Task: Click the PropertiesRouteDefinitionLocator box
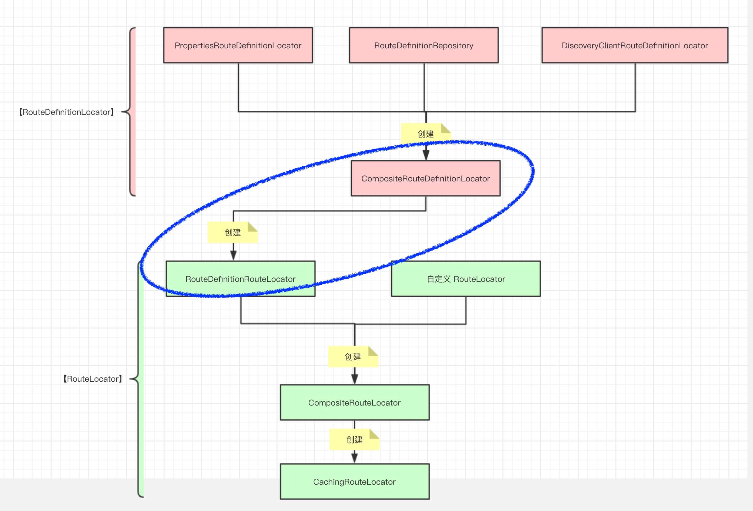click(238, 46)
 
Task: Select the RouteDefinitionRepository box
click(424, 46)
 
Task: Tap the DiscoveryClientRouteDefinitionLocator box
click(635, 46)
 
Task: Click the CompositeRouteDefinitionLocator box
click(425, 178)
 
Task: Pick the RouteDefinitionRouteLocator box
click(240, 279)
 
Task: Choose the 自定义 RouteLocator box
click(466, 279)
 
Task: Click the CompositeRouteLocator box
click(355, 402)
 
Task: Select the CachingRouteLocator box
click(355, 481)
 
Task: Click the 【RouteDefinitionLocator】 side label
click(67, 112)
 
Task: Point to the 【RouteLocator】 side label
click(93, 379)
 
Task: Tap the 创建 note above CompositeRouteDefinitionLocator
click(425, 134)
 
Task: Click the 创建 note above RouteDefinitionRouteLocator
click(232, 232)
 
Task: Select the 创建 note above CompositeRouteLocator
click(353, 357)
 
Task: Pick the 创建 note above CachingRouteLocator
click(354, 439)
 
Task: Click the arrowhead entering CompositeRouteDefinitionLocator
click(426, 155)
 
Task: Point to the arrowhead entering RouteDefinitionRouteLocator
click(233, 255)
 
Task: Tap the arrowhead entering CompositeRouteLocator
click(355, 379)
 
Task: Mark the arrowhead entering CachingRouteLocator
click(355, 458)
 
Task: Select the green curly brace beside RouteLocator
click(140, 379)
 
